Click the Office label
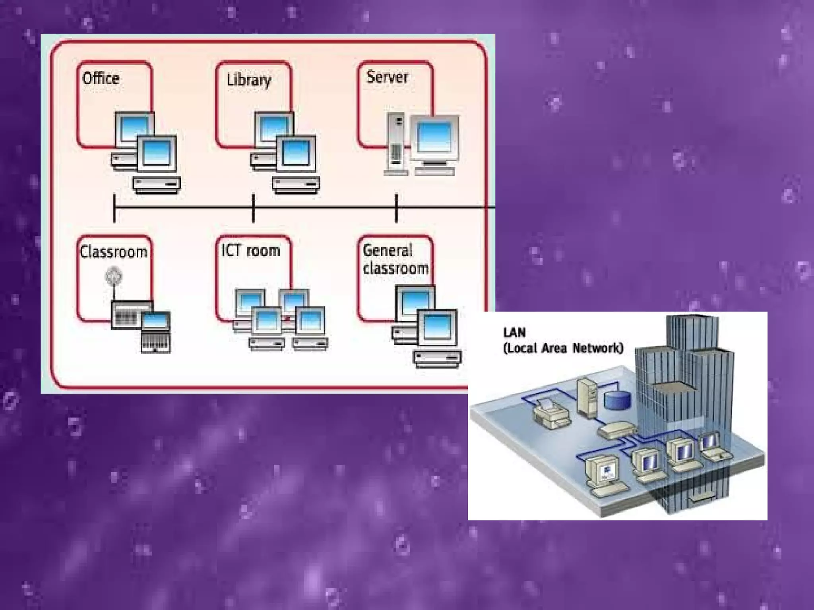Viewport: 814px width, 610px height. pyautogui.click(x=101, y=78)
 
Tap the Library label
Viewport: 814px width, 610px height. pyautogui.click(x=249, y=80)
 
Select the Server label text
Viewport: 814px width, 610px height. pyautogui.click(x=387, y=77)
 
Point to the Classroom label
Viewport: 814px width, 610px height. pyautogui.click(x=114, y=252)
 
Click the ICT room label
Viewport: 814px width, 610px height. pyautogui.click(x=251, y=250)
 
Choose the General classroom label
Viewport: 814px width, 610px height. pyautogui.click(x=395, y=259)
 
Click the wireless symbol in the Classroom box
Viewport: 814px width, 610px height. pyautogui.click(x=114, y=276)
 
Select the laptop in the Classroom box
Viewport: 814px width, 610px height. pyautogui.click(x=156, y=332)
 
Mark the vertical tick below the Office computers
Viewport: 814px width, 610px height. pyautogui.click(x=114, y=208)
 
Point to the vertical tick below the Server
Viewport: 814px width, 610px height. pyautogui.click(x=396, y=208)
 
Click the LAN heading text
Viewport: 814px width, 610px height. pyautogui.click(x=514, y=333)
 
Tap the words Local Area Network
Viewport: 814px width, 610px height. pyautogui.click(x=563, y=348)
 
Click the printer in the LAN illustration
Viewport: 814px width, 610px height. pyautogui.click(x=551, y=414)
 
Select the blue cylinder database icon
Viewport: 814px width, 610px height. pyautogui.click(x=617, y=400)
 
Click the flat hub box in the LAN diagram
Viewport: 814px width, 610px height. pyautogui.click(x=617, y=430)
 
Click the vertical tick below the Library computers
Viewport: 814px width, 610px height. pyautogui.click(x=254, y=208)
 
